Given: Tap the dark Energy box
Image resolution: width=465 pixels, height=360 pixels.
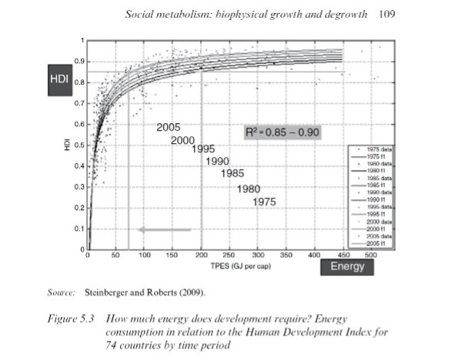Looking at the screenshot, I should (x=347, y=267).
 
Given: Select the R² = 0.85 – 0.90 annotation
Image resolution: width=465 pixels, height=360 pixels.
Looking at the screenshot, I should (x=282, y=132).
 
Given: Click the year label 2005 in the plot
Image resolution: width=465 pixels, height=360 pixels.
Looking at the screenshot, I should (x=168, y=127).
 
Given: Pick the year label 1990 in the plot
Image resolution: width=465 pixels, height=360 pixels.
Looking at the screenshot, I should (x=218, y=162).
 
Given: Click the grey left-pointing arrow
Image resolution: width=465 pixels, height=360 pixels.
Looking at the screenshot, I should (x=164, y=229).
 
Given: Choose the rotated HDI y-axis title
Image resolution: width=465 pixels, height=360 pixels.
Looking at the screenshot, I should (x=69, y=144).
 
